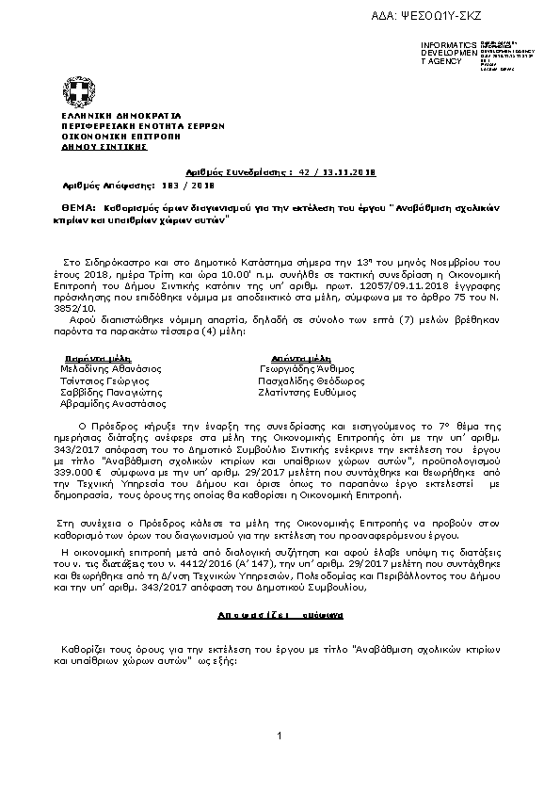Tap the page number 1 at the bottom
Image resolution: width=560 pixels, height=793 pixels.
coord(280,748)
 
